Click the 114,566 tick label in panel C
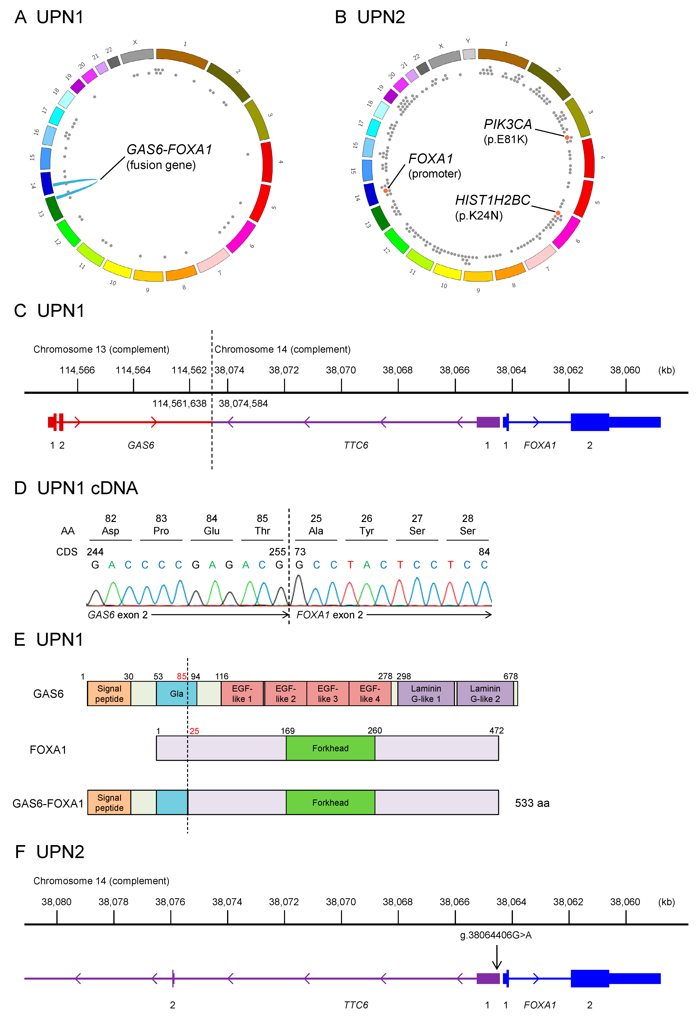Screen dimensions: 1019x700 (77, 370)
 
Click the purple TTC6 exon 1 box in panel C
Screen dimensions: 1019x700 (488, 422)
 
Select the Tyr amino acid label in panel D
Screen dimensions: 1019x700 (367, 531)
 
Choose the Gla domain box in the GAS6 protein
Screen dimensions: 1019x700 (176, 694)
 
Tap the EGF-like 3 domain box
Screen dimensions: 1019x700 (328, 694)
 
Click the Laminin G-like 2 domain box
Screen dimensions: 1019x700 (485, 694)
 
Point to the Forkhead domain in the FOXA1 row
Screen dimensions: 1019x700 (330, 748)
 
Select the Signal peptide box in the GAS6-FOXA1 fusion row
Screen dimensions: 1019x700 (109, 802)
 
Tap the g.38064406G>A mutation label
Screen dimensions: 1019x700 (496, 935)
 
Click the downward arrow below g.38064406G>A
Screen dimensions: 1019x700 (497, 957)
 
